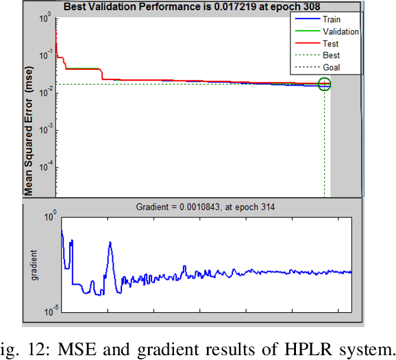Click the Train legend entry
click(331, 20)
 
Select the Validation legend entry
click(331, 31)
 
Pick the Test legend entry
click(331, 43)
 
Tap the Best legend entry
click(331, 55)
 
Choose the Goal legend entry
click(331, 67)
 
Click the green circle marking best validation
click(324, 84)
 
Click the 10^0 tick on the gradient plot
click(50, 217)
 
